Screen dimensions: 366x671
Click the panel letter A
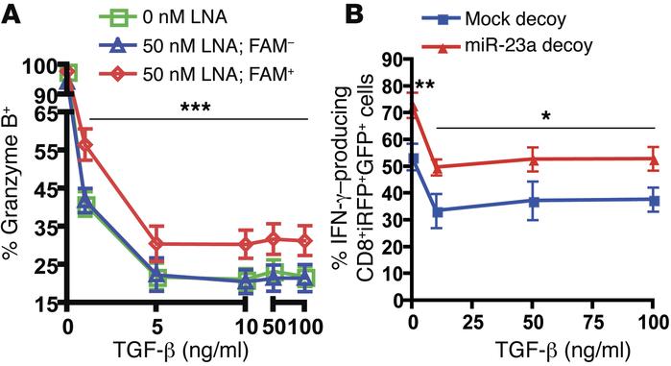pyautogui.click(x=12, y=13)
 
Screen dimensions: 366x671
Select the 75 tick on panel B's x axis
pyautogui.click(x=593, y=325)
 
